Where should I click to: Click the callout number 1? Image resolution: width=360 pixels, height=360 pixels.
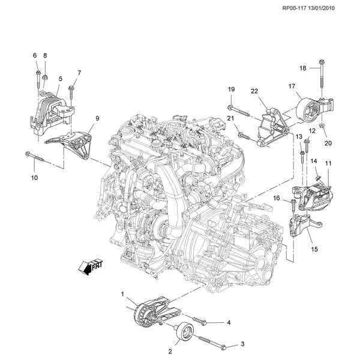(123, 294)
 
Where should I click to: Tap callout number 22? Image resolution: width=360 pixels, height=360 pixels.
(254, 91)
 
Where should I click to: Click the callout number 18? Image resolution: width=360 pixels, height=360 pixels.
(303, 68)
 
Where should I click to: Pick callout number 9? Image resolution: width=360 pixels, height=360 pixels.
(97, 119)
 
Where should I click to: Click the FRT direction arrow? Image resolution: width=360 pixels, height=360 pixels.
(89, 265)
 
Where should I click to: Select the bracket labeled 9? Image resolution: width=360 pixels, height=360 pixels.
(71, 143)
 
